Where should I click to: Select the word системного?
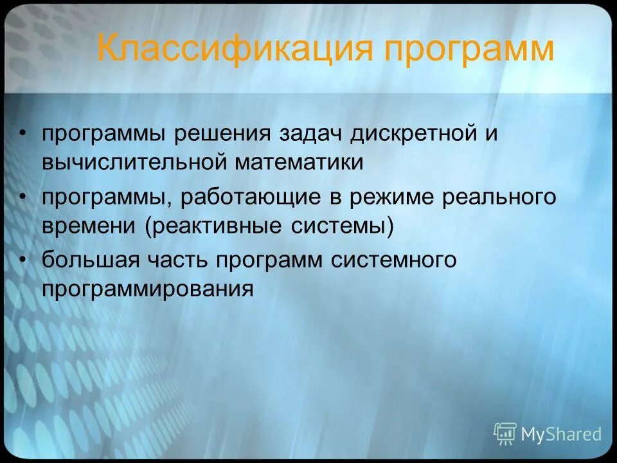395,260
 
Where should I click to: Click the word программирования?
148,289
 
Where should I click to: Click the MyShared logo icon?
505,434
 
